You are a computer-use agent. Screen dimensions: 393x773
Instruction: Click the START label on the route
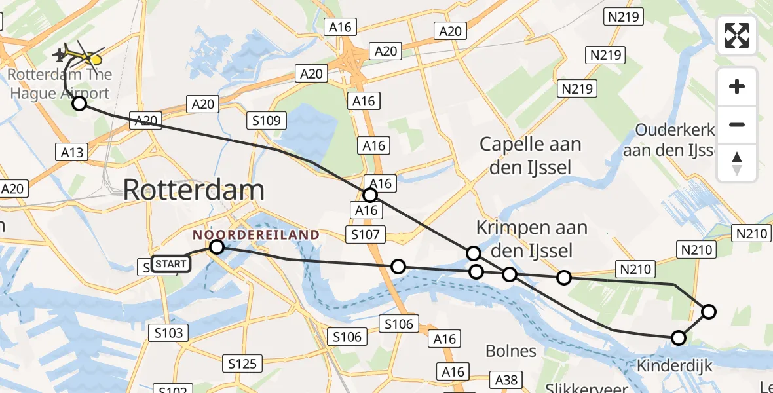coord(171,264)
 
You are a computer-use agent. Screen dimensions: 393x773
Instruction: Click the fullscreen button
coord(737,35)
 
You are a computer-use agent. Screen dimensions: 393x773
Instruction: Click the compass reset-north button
coord(737,162)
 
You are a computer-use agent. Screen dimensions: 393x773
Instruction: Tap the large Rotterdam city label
coord(193,191)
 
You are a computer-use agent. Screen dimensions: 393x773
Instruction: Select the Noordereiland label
coord(256,234)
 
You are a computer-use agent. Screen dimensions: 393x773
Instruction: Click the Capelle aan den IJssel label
coord(530,156)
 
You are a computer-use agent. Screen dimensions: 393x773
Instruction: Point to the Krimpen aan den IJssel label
coord(531,239)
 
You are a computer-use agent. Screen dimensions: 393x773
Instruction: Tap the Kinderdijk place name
coord(673,366)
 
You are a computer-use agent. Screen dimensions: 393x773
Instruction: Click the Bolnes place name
coord(511,351)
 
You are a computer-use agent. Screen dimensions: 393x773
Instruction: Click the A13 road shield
coord(72,153)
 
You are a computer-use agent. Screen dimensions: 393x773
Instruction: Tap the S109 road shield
coord(266,120)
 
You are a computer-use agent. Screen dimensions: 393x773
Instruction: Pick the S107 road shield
coord(368,234)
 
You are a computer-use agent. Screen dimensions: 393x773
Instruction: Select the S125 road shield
coord(242,363)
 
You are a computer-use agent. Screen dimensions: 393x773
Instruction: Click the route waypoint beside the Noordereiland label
coord(216,247)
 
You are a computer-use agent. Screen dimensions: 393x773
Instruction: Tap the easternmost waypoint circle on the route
coord(709,312)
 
